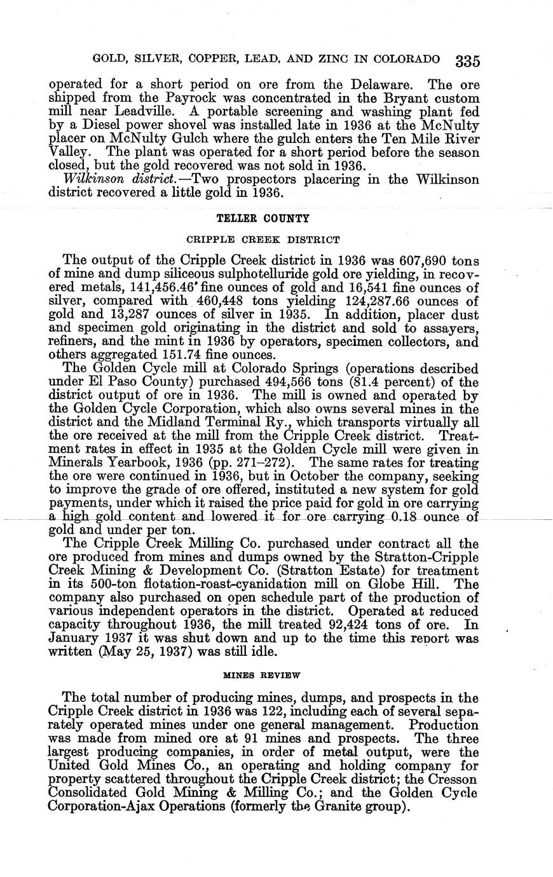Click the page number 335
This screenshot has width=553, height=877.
467,60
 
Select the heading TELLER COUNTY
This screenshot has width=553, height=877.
263,218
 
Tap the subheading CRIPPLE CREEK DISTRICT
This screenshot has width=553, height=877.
263,240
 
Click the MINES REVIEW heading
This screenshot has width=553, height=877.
263,673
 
